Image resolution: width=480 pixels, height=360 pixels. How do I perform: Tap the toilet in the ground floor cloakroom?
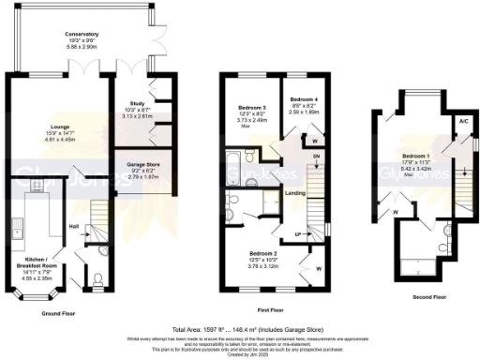click(x=100, y=277)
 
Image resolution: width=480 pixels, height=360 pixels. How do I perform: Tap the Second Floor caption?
click(x=417, y=295)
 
